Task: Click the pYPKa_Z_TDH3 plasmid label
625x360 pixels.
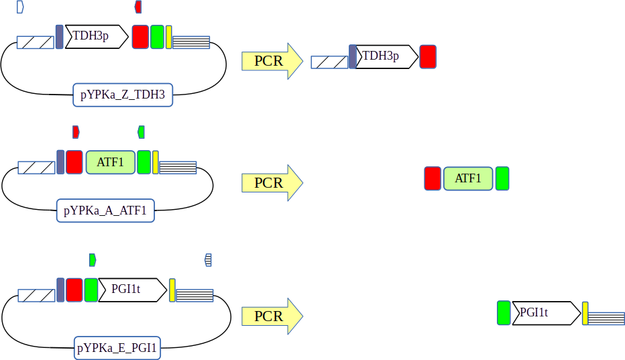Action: (123, 95)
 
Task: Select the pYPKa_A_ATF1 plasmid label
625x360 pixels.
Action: (105, 211)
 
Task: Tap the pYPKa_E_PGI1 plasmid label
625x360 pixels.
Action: (117, 348)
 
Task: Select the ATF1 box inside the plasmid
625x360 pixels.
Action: (111, 162)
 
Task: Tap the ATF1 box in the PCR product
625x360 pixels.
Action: (468, 179)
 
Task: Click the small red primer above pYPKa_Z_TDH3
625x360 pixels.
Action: (138, 7)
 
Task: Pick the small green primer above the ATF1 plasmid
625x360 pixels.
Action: (141, 131)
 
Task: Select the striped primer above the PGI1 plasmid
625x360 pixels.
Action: (209, 259)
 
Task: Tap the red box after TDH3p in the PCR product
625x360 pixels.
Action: (428, 56)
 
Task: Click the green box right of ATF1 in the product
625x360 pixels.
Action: (502, 179)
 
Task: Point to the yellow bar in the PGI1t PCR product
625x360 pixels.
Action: (585, 313)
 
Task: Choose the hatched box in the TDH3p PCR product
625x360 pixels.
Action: (329, 62)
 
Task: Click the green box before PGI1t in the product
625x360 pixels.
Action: (504, 313)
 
